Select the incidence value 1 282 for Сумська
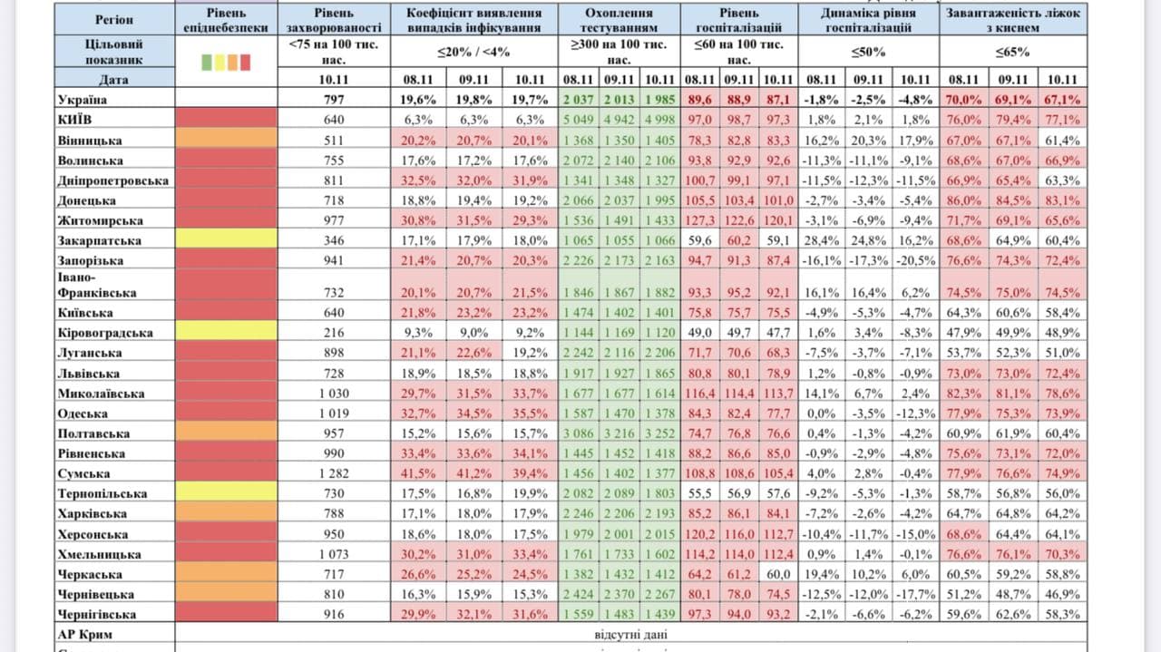click(x=327, y=473)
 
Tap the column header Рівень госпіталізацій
click(x=739, y=20)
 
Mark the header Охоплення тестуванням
click(x=619, y=20)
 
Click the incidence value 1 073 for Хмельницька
click(x=327, y=554)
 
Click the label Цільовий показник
click(x=88, y=52)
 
